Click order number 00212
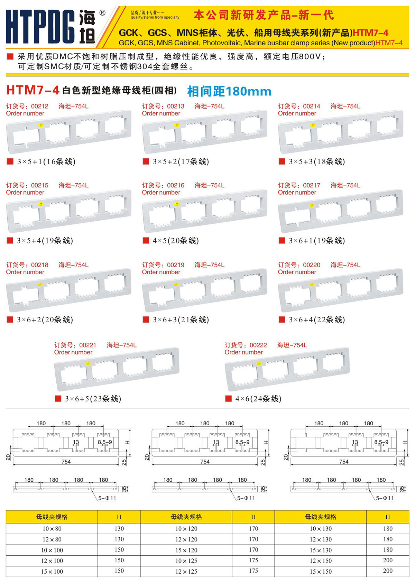[x=40, y=106]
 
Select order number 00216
[x=176, y=185]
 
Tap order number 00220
[x=312, y=265]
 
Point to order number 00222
[x=258, y=345]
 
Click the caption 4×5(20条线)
[x=176, y=240]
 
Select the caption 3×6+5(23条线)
[x=93, y=398]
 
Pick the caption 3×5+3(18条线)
[x=317, y=161]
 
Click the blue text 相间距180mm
[x=229, y=91]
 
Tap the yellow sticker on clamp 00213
[x=177, y=125]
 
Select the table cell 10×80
[x=52, y=529]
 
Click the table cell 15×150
[x=321, y=572]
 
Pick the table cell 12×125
[x=186, y=572]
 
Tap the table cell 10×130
[x=321, y=529]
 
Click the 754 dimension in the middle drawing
[x=205, y=461]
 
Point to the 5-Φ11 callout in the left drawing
[x=107, y=498]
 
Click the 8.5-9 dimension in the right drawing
[x=381, y=442]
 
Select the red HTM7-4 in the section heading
[x=33, y=90]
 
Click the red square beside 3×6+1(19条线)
[x=282, y=240]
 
